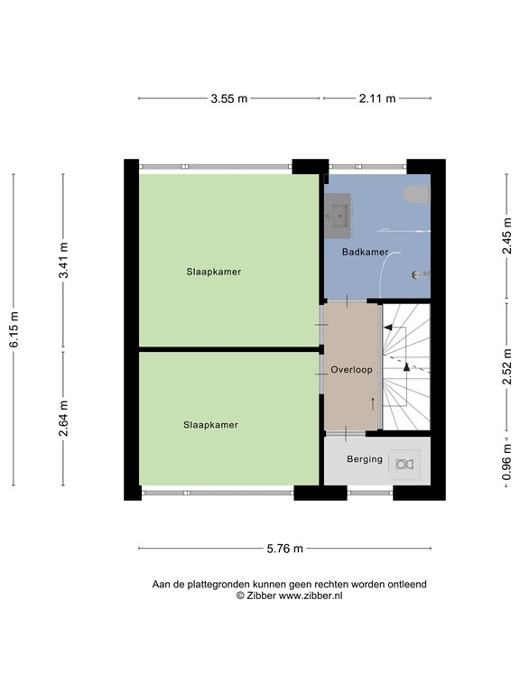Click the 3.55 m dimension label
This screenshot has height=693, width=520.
pos(228,98)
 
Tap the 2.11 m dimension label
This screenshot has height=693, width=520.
pos(377,98)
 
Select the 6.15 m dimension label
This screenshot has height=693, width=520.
pos(14,329)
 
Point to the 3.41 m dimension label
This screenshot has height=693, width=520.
pos(64,260)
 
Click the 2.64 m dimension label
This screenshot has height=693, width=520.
pos(64,418)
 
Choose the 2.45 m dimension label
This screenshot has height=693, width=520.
pos(506,237)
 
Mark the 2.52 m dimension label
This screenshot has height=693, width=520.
pos(506,367)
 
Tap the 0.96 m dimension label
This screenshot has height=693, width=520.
pos(506,461)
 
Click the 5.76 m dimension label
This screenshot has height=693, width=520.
pos(284,549)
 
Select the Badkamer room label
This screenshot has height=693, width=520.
pos(366,252)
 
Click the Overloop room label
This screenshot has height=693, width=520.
pos(351,369)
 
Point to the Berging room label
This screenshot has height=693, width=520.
pos(365,458)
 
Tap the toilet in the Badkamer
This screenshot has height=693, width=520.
pos(416,195)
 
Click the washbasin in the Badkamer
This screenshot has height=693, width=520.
pos(339,216)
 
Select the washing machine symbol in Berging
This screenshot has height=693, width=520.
pos(404,464)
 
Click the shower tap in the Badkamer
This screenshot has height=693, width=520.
pos(421,274)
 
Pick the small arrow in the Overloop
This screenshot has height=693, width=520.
pos(373,403)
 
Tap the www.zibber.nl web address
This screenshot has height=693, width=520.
pos(311,596)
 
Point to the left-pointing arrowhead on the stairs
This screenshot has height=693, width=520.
pos(388,328)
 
